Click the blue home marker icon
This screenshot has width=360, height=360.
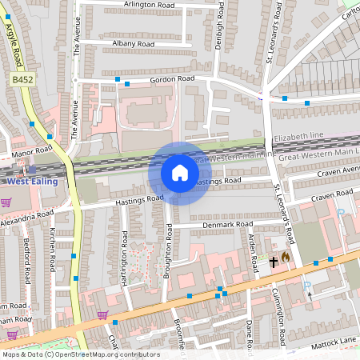coord(180,174)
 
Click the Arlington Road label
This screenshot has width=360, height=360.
coord(148,5)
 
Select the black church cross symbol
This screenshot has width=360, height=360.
coord(273,261)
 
